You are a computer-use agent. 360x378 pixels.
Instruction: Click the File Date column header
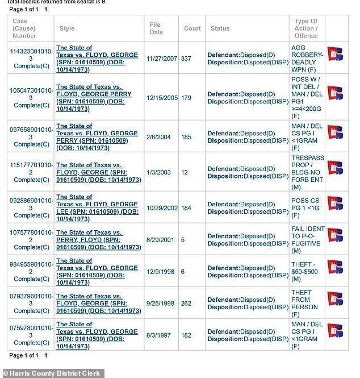156,28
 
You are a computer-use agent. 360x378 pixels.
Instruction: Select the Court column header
192,28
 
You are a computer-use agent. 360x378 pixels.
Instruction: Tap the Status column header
220,28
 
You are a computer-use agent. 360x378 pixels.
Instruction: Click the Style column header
66,28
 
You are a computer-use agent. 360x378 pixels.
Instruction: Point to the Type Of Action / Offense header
305,28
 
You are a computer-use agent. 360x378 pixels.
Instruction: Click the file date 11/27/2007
162,59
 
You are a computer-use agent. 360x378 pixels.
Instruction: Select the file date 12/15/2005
162,98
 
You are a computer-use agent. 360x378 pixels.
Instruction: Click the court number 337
186,59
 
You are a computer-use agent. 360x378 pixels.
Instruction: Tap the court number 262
186,304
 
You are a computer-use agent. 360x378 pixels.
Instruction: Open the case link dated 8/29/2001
98,239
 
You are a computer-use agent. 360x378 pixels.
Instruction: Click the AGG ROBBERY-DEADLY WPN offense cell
307,59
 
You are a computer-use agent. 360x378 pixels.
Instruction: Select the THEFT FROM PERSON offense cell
302,304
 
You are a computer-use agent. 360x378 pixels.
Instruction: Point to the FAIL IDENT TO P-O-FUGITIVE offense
307,239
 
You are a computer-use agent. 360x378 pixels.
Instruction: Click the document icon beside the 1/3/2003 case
335,168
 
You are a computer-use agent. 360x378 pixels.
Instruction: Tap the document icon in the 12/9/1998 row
335,268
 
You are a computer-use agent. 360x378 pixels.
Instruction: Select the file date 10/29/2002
162,208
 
